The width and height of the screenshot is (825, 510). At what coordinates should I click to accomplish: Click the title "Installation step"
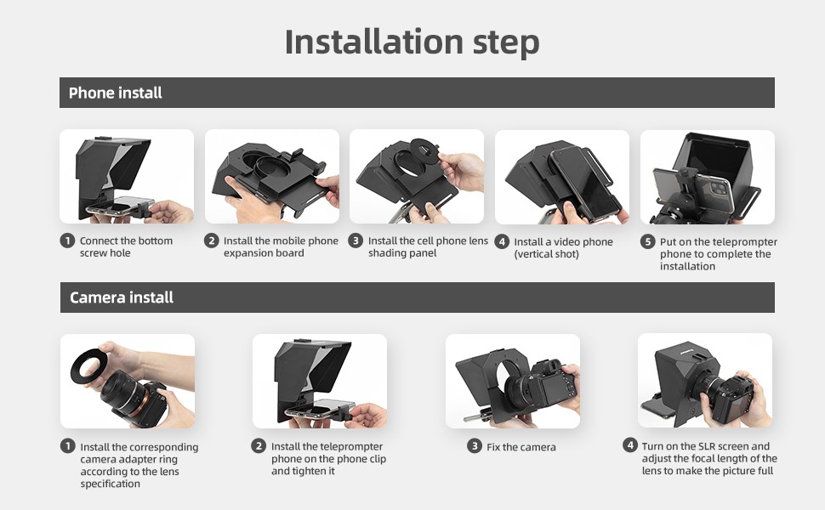pos(412,42)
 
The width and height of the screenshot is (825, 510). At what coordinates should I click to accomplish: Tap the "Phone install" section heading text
pos(115,93)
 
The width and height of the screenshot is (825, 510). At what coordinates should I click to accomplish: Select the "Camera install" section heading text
pos(122,297)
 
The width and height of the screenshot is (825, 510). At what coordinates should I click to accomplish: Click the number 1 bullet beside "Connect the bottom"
pos(67,241)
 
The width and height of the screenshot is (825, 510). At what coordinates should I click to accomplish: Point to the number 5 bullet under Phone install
pos(648,242)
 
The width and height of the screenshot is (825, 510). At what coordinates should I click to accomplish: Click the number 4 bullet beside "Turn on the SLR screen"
pos(629,445)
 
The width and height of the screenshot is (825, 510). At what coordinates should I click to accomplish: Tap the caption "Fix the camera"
pos(521,447)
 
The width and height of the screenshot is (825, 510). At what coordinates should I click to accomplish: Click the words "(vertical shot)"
pos(546,254)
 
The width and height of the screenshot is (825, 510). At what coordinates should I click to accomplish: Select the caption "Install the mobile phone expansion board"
pos(281,246)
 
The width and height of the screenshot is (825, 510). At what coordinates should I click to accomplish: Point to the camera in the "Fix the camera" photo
pos(542,388)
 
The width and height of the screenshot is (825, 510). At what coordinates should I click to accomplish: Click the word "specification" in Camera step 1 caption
pos(110,484)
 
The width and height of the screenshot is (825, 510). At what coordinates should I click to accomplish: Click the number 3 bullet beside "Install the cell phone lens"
pos(356,241)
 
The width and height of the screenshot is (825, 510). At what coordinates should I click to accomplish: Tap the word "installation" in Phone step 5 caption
pos(687,267)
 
